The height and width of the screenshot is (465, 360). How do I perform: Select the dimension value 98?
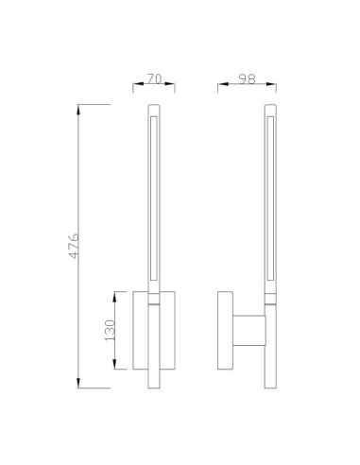click(x=247, y=80)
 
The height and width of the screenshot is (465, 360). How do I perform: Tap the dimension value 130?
click(x=109, y=330)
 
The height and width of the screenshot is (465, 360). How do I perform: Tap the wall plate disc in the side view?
click(x=226, y=331)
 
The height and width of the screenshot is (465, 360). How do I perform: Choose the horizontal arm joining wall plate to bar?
click(x=248, y=330)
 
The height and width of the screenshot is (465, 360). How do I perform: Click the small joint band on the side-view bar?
click(x=270, y=300)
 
